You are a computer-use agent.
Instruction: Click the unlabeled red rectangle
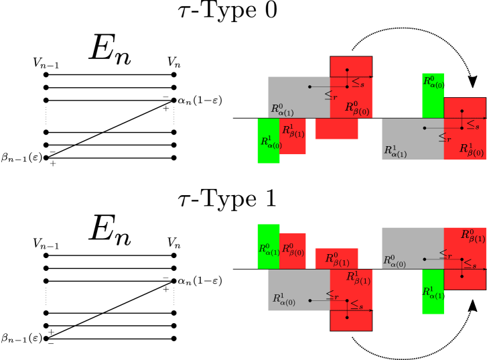click(336, 129)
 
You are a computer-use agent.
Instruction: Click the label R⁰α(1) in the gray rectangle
click(282, 109)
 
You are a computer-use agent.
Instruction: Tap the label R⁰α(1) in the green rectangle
click(269, 249)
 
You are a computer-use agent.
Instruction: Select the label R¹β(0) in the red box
click(472, 149)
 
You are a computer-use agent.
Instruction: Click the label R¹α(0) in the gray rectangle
click(283, 300)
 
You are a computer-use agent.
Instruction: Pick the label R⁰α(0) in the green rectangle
click(433, 82)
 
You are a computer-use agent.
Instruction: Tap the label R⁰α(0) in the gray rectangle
click(395, 261)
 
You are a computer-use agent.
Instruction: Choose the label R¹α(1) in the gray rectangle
click(395, 152)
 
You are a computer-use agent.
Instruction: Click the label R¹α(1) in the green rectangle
click(433, 293)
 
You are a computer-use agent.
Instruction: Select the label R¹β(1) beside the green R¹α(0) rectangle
click(293, 131)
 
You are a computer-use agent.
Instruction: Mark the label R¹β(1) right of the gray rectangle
click(358, 278)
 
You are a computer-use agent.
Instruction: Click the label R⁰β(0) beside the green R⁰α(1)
click(293, 250)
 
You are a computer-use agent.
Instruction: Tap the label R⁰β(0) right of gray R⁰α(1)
click(357, 108)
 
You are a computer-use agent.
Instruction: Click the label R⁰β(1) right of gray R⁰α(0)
click(473, 236)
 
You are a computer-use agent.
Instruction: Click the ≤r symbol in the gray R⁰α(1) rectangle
click(331, 96)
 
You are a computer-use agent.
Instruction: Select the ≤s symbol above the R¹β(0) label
click(473, 125)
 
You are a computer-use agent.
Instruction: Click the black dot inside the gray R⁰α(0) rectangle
click(424, 259)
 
